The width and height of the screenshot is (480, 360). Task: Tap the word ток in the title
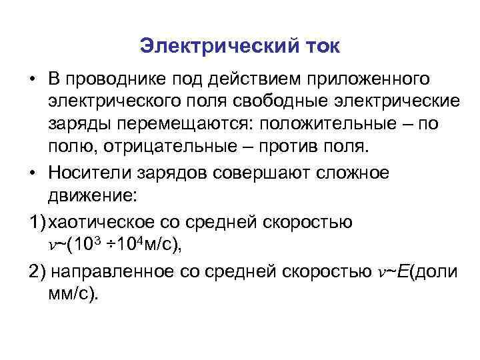(319, 47)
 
